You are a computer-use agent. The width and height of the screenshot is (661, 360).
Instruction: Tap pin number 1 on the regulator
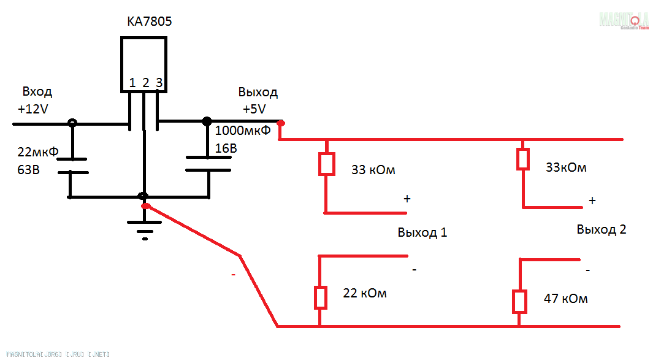132,83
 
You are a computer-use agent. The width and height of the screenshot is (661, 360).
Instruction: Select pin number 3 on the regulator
159,83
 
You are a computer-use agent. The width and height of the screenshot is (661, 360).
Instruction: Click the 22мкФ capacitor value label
38,152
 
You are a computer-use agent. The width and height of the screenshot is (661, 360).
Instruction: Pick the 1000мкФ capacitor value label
243,130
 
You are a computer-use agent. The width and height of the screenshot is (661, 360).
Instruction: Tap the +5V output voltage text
254,109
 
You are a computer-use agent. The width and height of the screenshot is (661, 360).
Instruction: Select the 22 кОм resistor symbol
320,297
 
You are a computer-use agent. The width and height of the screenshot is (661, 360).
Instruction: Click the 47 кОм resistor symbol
519,301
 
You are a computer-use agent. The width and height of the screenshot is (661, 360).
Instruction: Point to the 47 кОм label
565,299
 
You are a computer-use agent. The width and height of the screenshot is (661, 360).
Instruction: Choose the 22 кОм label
365,293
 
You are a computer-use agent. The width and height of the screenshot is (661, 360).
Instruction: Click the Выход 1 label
422,233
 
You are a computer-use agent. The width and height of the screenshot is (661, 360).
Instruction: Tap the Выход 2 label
602,230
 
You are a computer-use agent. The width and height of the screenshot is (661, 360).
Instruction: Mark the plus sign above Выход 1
406,199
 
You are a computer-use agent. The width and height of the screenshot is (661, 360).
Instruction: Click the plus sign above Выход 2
592,200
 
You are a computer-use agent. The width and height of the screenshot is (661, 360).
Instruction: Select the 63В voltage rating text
29,169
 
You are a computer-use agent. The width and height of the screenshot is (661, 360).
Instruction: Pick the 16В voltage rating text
226,148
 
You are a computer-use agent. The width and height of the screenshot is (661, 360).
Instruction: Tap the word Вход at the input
37,92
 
